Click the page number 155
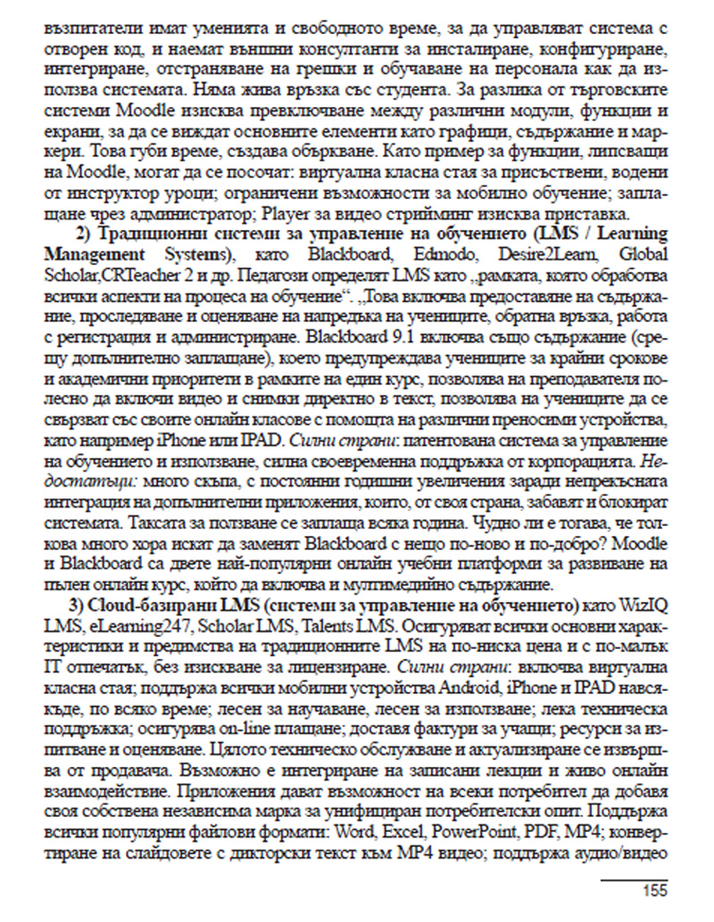[654, 891]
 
